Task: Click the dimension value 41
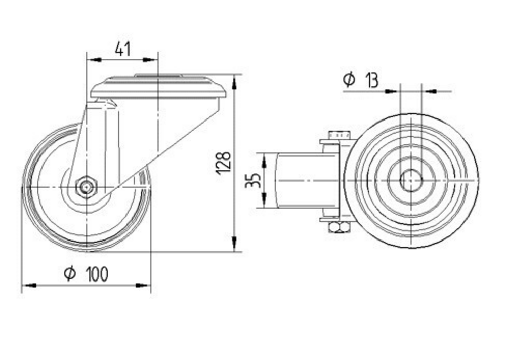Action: coord(122,49)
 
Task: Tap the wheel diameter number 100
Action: coord(96,274)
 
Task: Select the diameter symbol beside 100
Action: coord(70,274)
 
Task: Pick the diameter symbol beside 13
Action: coord(349,79)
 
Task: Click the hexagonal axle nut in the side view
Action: coord(87,187)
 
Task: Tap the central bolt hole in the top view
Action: coord(410,181)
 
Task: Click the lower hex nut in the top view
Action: coord(339,227)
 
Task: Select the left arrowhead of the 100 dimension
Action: coord(28,286)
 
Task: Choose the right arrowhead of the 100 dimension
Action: coord(144,286)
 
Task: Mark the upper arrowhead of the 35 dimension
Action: coord(264,161)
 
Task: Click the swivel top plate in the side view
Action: coord(157,88)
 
